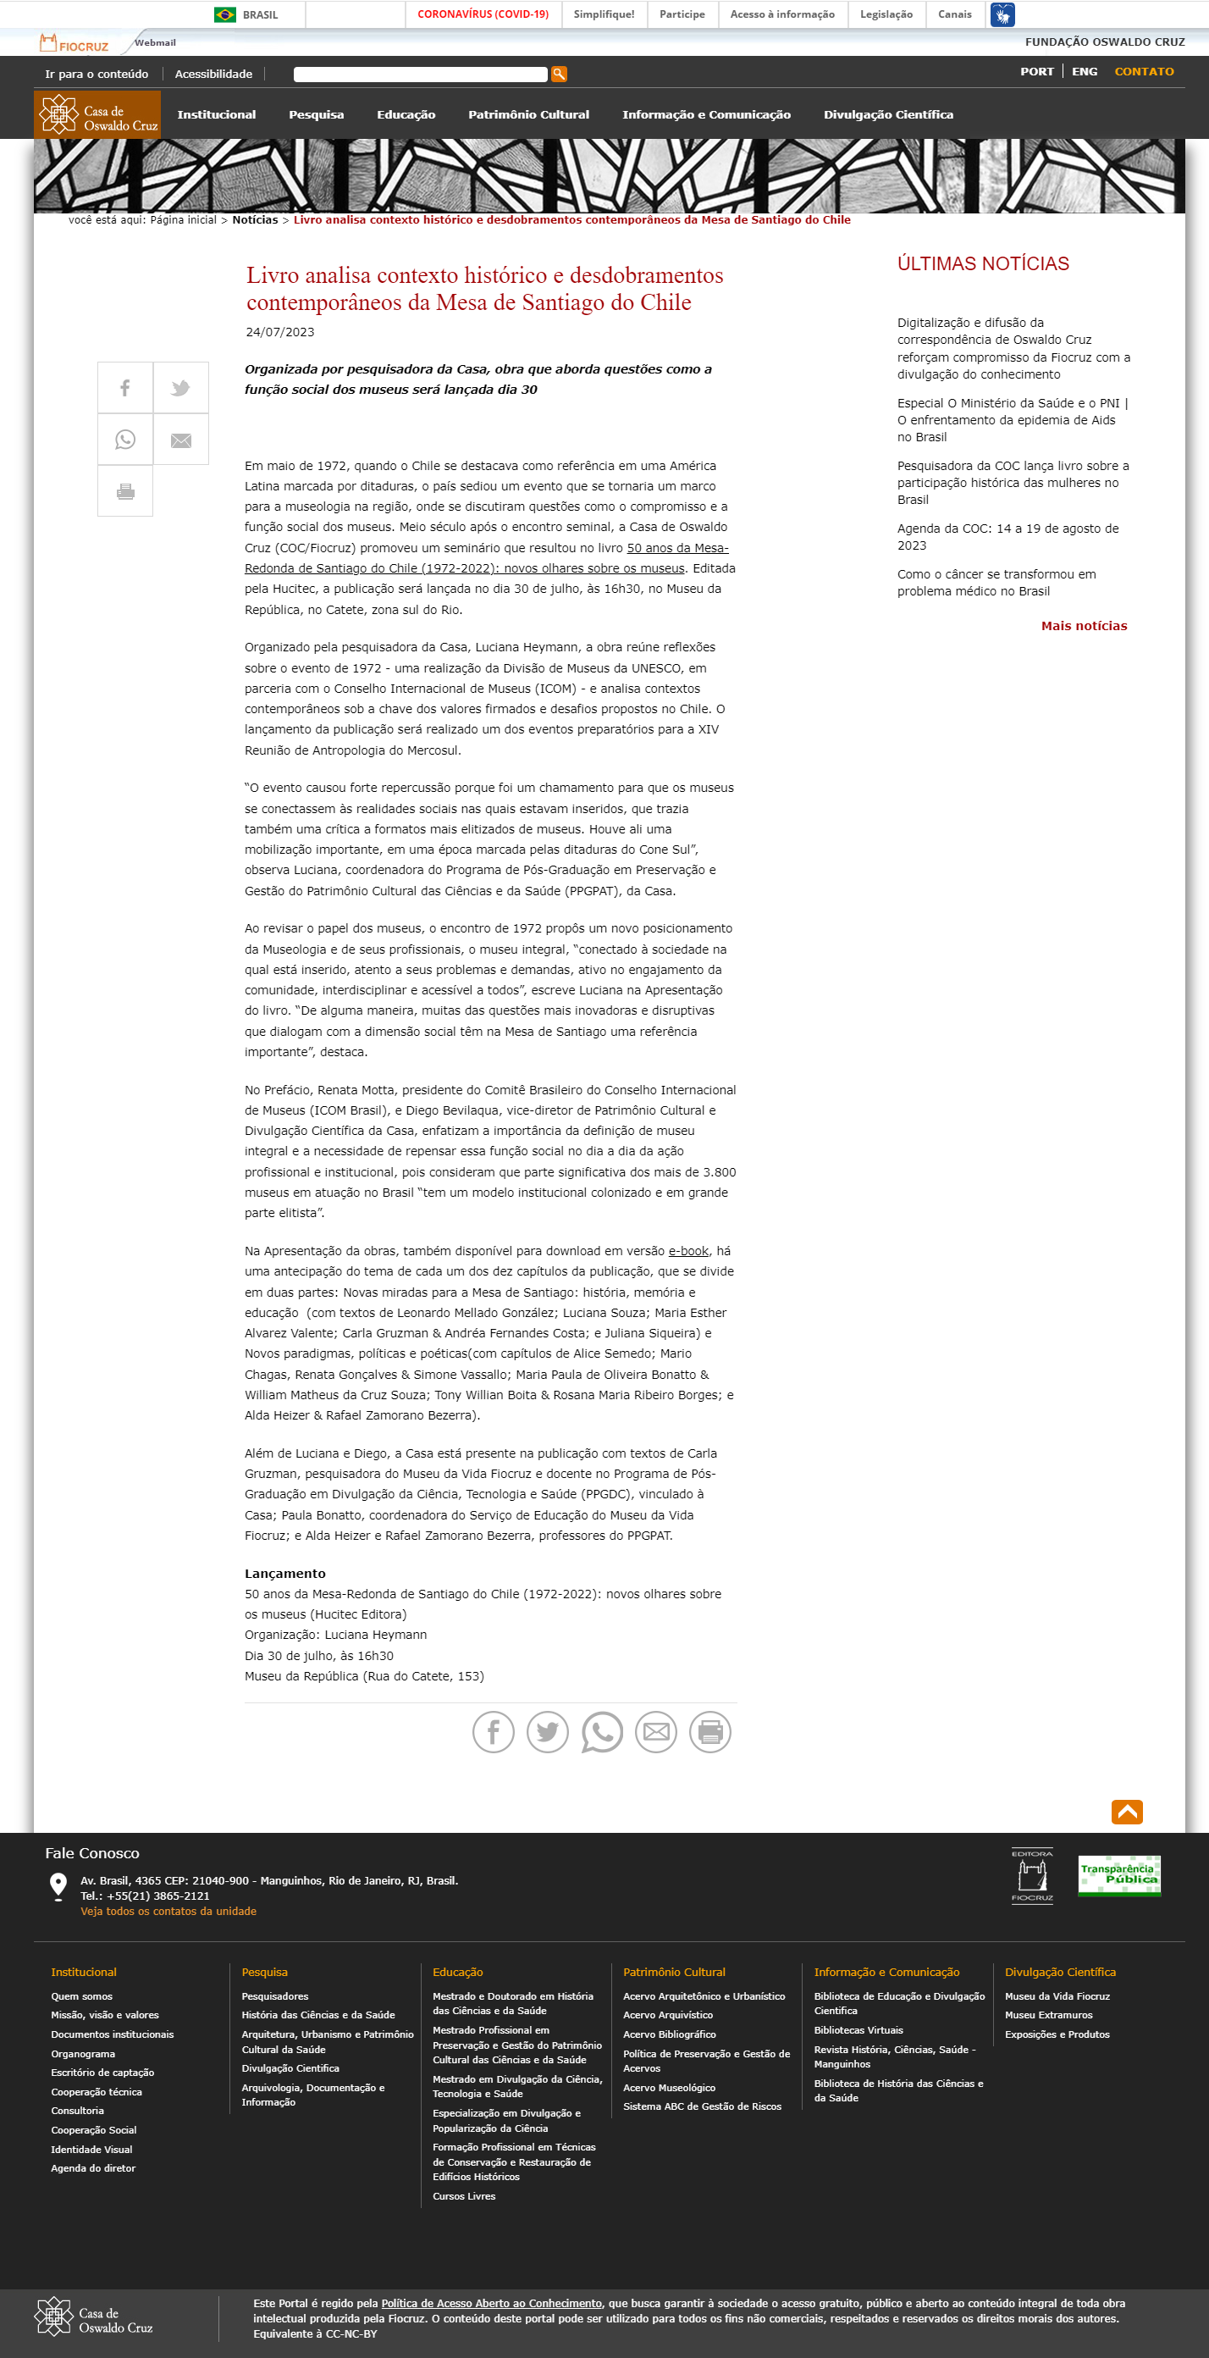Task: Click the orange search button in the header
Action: click(x=558, y=75)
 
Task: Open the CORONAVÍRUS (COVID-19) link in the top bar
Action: click(x=483, y=14)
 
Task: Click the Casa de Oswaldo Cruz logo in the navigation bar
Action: click(x=98, y=115)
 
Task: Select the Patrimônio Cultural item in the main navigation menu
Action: click(x=528, y=115)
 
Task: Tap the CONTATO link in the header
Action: click(x=1143, y=71)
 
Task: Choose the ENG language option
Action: click(x=1084, y=71)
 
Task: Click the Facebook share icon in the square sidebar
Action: click(x=125, y=388)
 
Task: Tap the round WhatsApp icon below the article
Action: click(x=601, y=1731)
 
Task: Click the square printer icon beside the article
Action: click(x=125, y=491)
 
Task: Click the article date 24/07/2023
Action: click(x=280, y=332)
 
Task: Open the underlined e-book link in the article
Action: click(x=688, y=1250)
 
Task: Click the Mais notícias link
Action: click(x=1083, y=626)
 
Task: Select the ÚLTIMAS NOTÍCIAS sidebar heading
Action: click(x=982, y=263)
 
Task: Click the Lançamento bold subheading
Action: click(x=284, y=1573)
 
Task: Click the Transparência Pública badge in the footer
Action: click(x=1118, y=1874)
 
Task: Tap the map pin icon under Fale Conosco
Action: click(x=58, y=1885)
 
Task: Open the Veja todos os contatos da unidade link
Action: click(x=168, y=1912)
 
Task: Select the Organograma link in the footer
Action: click(x=83, y=2053)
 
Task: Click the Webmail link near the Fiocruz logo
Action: click(x=155, y=43)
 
